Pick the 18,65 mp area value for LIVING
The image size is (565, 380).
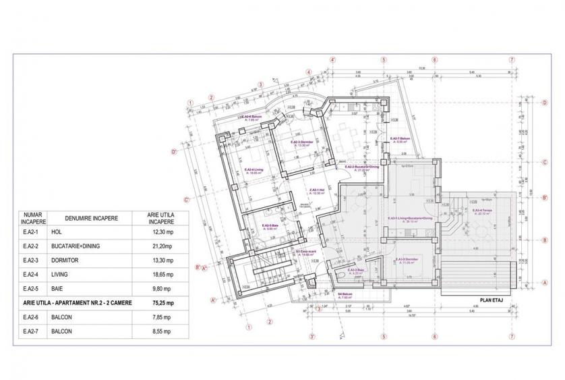[x=161, y=275]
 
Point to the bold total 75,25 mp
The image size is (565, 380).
[x=161, y=303]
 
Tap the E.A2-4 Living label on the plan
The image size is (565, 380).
[x=254, y=170]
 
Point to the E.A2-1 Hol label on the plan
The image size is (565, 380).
[x=318, y=190]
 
